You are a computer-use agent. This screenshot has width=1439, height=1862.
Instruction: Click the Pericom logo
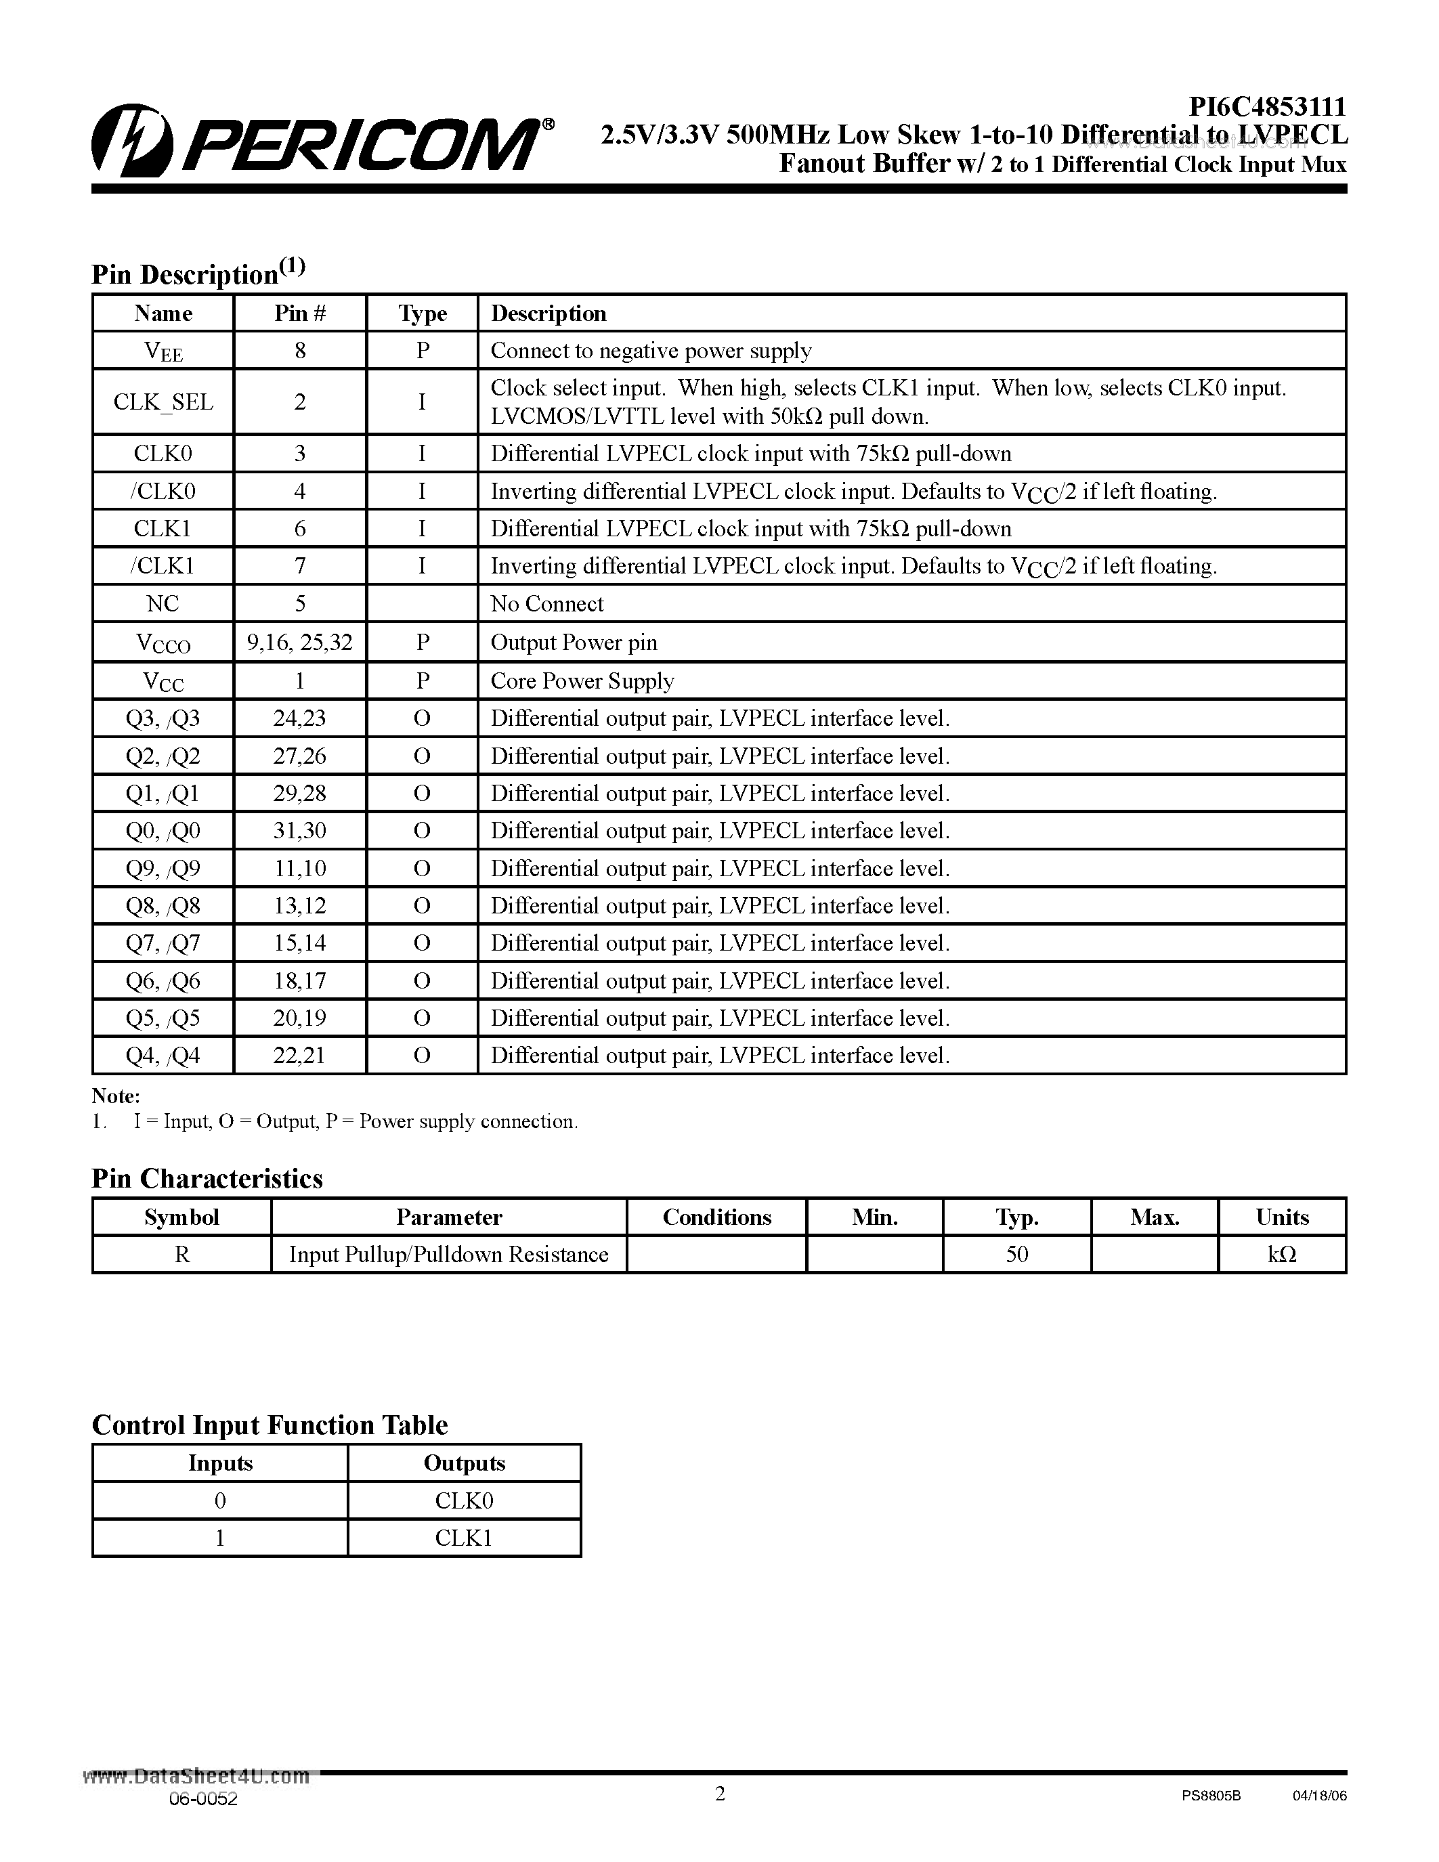pos(322,142)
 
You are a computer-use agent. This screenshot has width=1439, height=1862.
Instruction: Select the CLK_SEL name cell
pos(163,402)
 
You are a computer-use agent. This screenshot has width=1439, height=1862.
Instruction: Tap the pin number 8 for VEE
pos(300,351)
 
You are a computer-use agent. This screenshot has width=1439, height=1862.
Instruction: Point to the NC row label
pos(163,603)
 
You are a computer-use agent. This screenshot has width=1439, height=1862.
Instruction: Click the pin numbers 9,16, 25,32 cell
pos(300,642)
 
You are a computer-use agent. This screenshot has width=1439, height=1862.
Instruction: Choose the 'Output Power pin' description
pos(574,642)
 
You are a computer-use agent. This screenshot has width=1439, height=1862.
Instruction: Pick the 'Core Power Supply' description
pos(582,680)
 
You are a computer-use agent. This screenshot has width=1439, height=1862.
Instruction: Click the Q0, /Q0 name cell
pos(163,830)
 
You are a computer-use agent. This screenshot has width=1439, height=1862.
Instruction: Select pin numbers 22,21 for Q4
pos(299,1056)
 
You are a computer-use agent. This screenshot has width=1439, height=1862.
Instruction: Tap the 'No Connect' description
pos(546,603)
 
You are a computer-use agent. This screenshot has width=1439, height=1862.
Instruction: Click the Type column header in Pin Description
pos(422,313)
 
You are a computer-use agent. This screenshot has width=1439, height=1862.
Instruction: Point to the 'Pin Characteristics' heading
pos(207,1178)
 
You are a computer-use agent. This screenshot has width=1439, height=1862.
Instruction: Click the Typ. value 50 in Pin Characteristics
pos(1017,1254)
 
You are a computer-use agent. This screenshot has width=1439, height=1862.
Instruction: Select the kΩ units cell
pos(1282,1254)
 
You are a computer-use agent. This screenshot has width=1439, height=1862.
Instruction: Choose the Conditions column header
pos(717,1217)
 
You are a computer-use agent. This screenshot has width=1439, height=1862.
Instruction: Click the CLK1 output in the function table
pos(464,1538)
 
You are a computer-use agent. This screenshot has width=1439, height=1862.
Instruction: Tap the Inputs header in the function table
pos(220,1463)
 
